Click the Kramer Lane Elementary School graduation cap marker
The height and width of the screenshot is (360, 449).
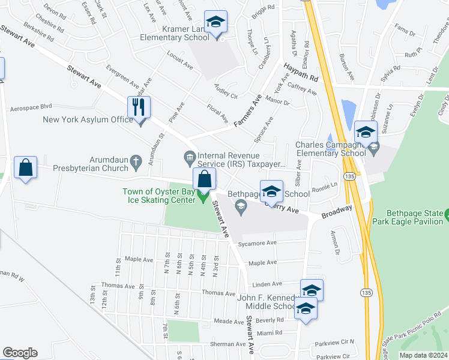(215, 23)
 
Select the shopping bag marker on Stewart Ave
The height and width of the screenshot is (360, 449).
(204, 179)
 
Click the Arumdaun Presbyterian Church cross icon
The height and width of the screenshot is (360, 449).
(136, 161)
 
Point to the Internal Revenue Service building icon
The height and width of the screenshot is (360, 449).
(190, 157)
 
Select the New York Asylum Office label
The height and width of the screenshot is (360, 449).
(88, 119)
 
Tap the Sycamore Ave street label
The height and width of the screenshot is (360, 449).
(256, 243)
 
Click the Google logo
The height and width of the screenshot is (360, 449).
(20, 353)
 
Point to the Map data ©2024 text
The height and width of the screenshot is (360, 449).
(423, 355)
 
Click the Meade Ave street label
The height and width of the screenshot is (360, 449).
(229, 322)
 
